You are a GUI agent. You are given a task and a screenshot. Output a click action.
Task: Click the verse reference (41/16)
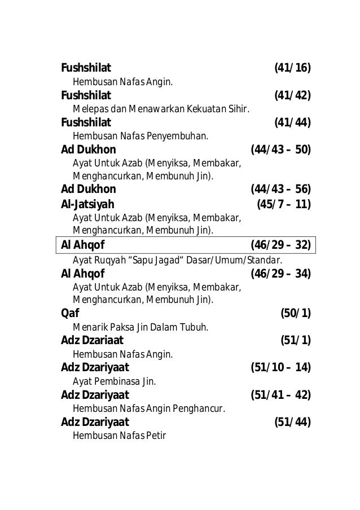292,69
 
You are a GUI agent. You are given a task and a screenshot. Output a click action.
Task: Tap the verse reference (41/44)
292,123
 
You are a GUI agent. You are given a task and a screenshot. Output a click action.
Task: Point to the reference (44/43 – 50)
280,150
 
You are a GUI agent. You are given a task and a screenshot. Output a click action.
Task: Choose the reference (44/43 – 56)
280,189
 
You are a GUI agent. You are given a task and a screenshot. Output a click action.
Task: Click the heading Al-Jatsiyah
87,204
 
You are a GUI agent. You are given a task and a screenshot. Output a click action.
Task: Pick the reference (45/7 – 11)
284,204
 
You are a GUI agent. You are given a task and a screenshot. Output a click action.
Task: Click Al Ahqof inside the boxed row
82,245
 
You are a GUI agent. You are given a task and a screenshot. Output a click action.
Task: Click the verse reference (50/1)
296,314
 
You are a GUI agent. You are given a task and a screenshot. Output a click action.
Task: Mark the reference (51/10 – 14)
280,368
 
